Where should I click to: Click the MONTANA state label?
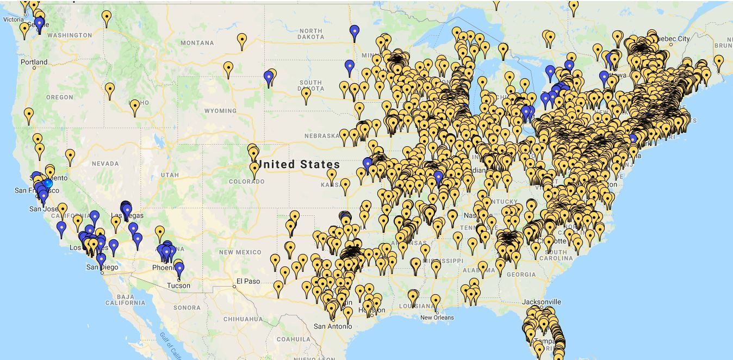[197, 43]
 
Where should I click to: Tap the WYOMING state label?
[220, 111]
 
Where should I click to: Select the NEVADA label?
[105, 164]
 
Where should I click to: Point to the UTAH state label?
[170, 175]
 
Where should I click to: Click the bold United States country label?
[299, 164]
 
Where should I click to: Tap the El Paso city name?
[248, 282]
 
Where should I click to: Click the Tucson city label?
[178, 285]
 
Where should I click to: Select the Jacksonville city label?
[541, 302]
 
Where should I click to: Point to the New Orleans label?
[437, 318]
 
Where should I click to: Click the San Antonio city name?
[333, 326]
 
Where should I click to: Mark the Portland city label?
[34, 62]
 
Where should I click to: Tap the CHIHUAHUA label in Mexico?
[243, 319]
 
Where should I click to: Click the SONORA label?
[187, 308]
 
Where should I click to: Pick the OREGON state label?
[59, 97]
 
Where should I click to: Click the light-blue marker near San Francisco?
[48, 183]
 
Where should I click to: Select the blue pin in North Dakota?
[355, 32]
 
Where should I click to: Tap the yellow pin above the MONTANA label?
[242, 40]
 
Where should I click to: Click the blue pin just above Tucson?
[179, 267]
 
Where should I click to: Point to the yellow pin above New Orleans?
[435, 301]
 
